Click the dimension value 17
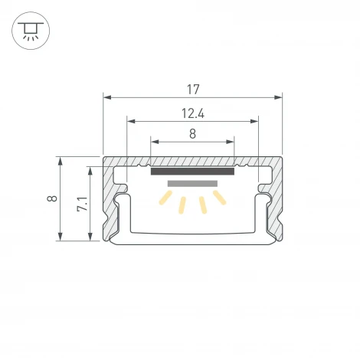(192, 89)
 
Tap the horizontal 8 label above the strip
(192, 133)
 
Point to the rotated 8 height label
(51, 199)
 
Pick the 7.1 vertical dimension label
(82, 204)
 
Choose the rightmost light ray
(220, 198)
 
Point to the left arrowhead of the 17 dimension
(106, 97)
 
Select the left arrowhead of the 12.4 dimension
(130, 120)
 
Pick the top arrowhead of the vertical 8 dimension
(60, 160)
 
